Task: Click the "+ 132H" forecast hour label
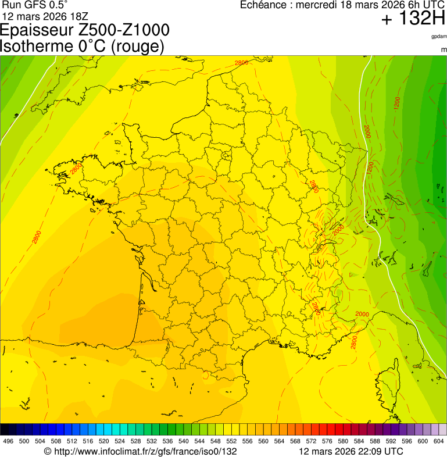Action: (413, 19)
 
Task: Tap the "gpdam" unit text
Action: (439, 36)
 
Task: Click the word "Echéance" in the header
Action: (265, 5)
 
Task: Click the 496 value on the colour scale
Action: (8, 441)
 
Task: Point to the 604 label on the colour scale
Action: (439, 441)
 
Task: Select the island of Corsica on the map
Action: (388, 381)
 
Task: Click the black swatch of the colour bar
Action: (5, 430)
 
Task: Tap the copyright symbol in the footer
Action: (48, 451)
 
